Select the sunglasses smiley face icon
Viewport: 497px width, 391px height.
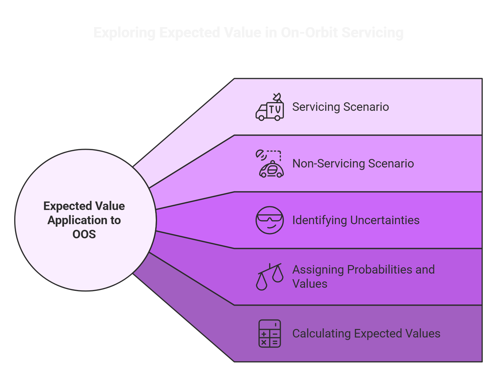(x=269, y=220)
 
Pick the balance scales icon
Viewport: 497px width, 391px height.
(x=269, y=276)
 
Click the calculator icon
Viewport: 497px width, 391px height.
(x=269, y=333)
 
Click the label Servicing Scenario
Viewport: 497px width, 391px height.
(x=340, y=107)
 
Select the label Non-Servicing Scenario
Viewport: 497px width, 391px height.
(x=353, y=164)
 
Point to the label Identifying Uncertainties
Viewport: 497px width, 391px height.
(x=356, y=220)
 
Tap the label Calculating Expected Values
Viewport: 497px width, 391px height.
(x=366, y=334)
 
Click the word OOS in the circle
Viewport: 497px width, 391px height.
(x=84, y=234)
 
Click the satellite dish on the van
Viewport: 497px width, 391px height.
(x=277, y=97)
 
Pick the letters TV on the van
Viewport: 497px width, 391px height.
(x=275, y=110)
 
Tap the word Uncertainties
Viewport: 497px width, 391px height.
(x=385, y=220)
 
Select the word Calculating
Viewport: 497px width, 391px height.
(x=321, y=334)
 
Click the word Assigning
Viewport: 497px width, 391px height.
(x=318, y=270)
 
